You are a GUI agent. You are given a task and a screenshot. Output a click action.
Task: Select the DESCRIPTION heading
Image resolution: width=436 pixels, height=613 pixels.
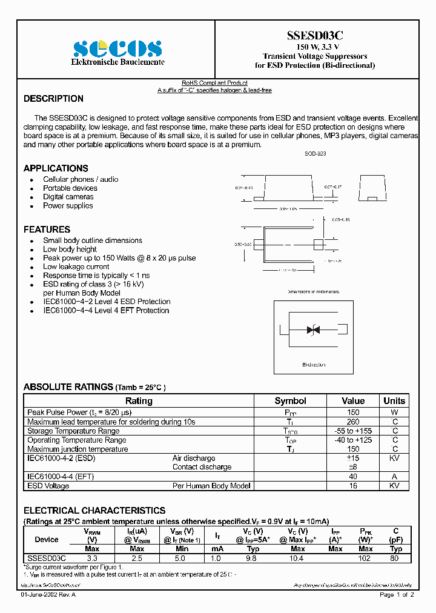(53, 99)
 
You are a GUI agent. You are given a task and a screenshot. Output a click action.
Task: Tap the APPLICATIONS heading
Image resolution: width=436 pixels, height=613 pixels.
(56, 168)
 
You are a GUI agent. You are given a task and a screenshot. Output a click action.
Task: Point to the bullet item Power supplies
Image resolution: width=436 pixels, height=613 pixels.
(68, 206)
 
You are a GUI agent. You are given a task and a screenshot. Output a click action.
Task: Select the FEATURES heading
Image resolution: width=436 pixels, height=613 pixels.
(47, 230)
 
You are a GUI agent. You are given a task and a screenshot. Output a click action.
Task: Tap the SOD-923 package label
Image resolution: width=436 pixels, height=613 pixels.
(315, 154)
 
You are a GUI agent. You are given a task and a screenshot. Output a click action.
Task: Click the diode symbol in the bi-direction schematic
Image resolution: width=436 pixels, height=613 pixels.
(313, 330)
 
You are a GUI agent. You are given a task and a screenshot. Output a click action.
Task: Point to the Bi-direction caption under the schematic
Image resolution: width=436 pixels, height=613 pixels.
(314, 365)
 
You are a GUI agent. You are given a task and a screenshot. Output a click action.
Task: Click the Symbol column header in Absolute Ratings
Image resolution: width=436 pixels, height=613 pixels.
(291, 401)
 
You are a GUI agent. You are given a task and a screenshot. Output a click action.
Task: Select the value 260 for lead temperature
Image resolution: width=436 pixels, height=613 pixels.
(353, 422)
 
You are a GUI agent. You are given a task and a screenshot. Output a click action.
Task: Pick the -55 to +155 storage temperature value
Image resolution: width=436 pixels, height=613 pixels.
(353, 431)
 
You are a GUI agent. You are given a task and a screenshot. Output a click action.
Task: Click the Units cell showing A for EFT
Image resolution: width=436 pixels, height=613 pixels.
(395, 477)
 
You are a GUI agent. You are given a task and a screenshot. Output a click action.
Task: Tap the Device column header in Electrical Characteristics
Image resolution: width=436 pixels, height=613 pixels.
(47, 539)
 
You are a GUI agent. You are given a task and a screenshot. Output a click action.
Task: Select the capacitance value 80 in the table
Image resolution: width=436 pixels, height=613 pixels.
(395, 558)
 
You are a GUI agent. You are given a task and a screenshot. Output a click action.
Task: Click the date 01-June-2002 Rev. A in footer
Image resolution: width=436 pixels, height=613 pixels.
(48, 595)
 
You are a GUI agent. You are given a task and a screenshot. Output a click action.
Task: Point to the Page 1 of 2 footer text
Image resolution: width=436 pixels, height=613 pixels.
(397, 595)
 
